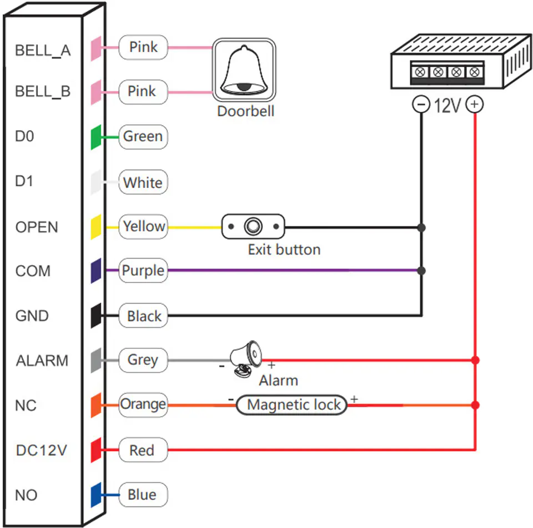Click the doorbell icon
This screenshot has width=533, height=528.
point(244,69)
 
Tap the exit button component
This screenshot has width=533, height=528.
point(253,227)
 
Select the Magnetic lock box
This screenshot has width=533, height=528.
point(291,405)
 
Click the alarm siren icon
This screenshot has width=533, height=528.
point(245,359)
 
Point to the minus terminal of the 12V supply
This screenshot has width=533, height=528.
point(421,104)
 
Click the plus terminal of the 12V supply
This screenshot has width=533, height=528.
point(475,104)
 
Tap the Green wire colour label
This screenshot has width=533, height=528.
point(143,137)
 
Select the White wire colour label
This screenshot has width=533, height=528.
point(143,182)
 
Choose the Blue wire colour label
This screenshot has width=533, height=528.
point(143,495)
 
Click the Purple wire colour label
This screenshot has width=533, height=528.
point(143,271)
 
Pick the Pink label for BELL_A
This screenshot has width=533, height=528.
point(143,47)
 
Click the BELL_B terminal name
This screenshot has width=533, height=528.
point(43,92)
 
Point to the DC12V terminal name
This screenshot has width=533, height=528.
point(42,450)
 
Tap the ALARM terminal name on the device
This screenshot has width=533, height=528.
point(42,361)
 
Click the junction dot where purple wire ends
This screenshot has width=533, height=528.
point(421,271)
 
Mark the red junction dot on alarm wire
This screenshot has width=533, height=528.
point(475,360)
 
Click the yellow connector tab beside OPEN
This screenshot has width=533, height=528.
point(96,227)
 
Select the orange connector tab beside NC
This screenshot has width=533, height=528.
point(96,405)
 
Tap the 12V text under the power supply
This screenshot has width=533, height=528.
point(447,105)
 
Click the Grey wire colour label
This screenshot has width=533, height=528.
point(143,360)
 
